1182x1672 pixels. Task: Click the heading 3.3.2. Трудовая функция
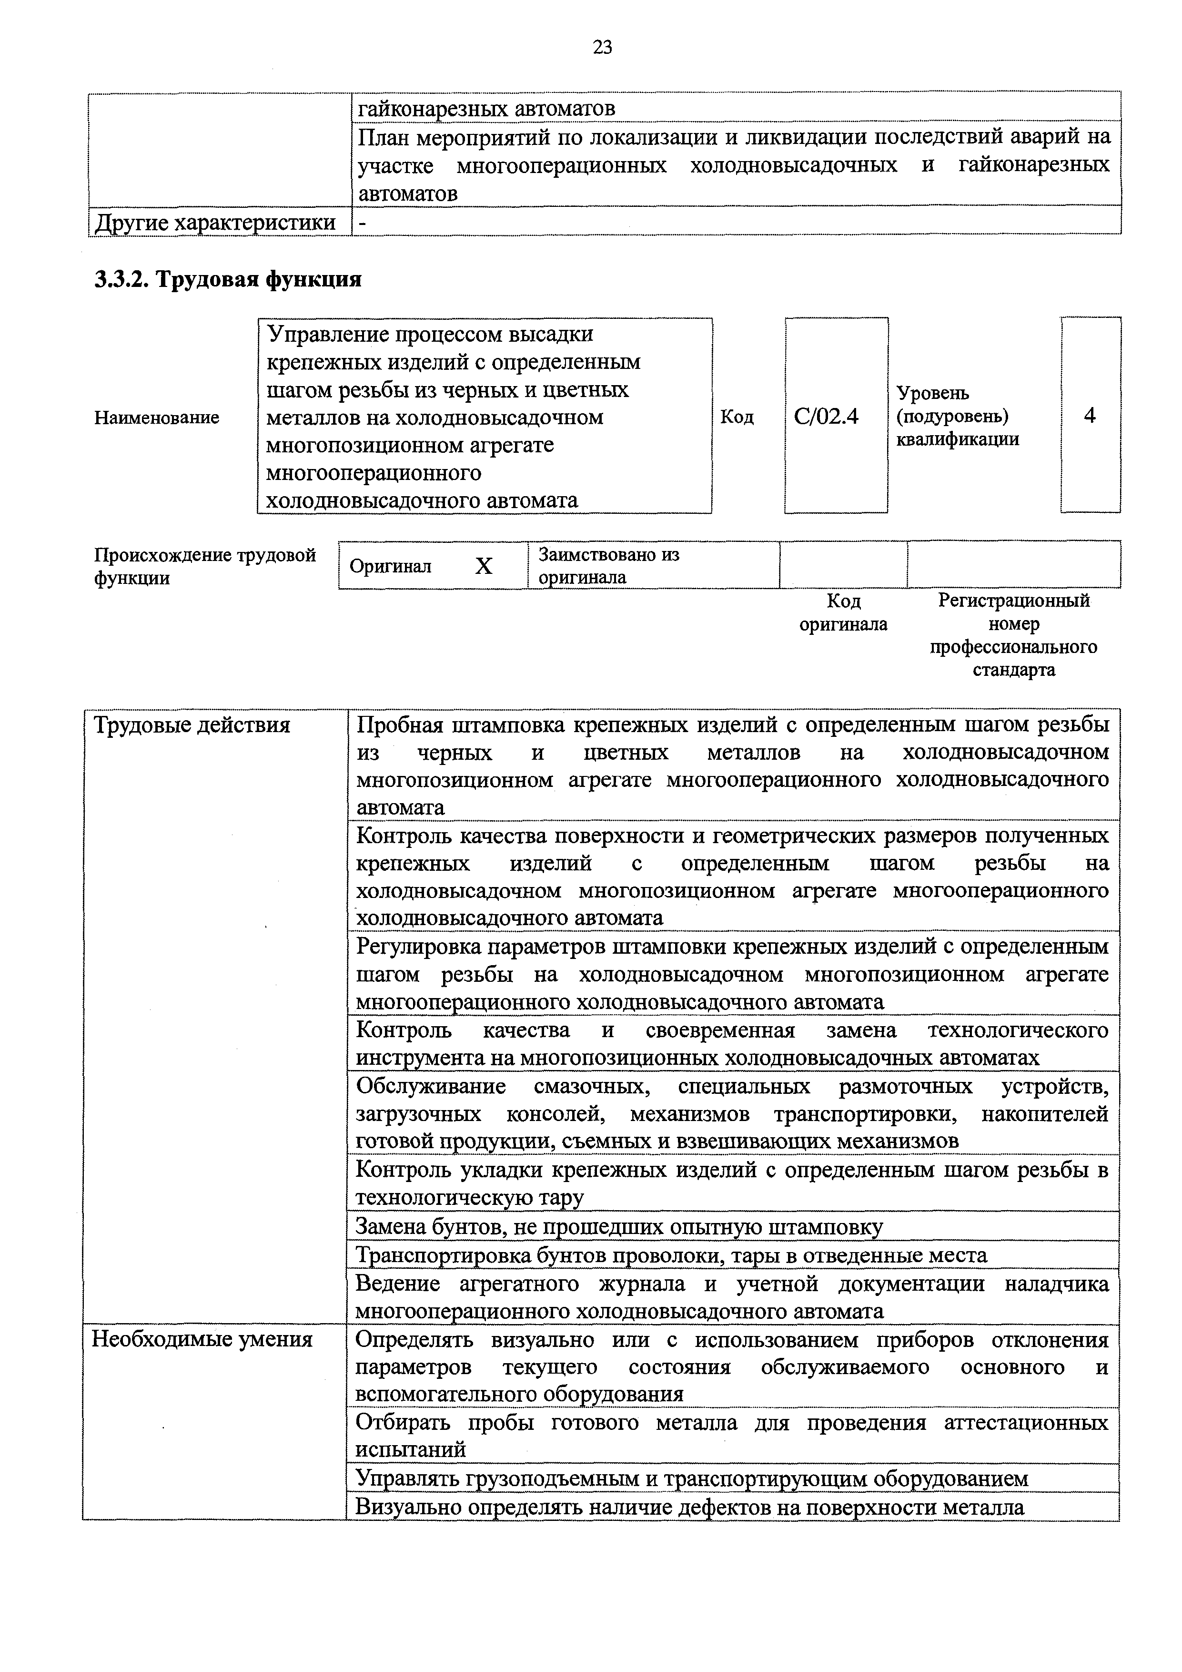pyautogui.click(x=228, y=279)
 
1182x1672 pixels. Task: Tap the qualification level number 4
pyautogui.click(x=1090, y=416)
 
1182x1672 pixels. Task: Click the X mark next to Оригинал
pyautogui.click(x=483, y=566)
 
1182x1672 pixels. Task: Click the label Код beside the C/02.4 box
pyautogui.click(x=737, y=417)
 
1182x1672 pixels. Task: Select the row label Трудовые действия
pyautogui.click(x=192, y=725)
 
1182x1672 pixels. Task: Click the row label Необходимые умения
pyautogui.click(x=202, y=1339)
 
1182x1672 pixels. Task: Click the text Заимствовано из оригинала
pyautogui.click(x=608, y=566)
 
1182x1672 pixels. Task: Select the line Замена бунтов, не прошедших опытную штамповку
pyautogui.click(x=619, y=1227)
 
